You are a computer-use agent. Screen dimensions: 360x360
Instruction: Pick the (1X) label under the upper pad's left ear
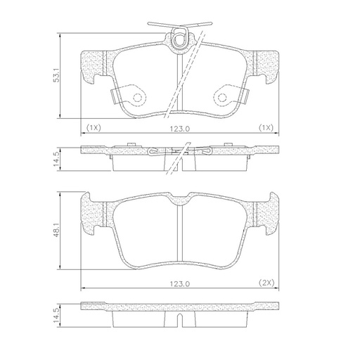(94, 128)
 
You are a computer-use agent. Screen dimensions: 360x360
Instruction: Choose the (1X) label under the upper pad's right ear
(266, 128)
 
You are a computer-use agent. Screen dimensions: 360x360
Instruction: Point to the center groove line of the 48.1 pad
(180, 232)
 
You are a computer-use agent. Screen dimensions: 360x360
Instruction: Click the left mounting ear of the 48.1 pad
(91, 214)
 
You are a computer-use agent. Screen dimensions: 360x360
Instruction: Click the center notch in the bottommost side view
(180, 321)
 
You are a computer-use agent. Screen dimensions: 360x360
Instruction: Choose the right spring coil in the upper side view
(206, 150)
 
